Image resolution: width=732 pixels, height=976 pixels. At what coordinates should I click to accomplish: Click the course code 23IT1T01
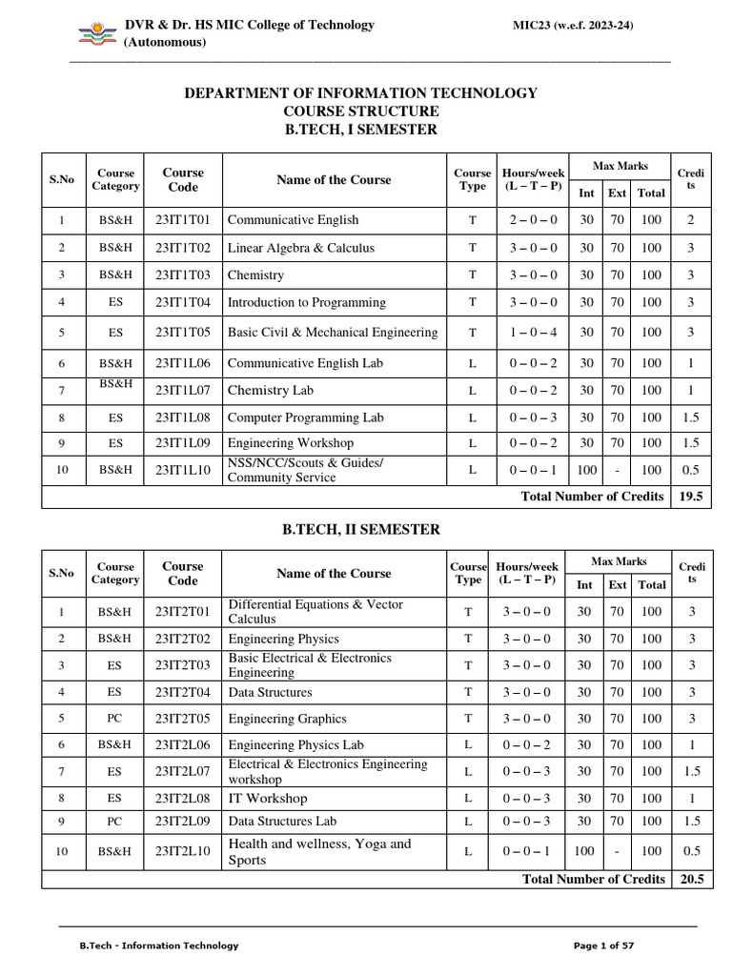click(x=183, y=220)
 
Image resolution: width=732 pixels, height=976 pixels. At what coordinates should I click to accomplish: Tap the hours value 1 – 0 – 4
click(x=534, y=333)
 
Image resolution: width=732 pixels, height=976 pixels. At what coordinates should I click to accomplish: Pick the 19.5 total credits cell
click(x=690, y=497)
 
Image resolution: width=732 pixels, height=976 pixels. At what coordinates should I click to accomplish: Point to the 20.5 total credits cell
click(x=690, y=879)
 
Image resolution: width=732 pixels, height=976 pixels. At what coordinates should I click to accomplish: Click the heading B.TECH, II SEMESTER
click(x=359, y=529)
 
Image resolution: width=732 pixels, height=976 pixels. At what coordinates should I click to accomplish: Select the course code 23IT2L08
click(x=183, y=799)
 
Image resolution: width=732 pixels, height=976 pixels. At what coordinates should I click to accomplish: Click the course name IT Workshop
click(x=268, y=799)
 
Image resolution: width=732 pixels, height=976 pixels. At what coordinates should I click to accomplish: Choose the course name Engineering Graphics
click(x=287, y=719)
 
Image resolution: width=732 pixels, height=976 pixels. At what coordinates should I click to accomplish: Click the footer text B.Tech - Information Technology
click(x=158, y=945)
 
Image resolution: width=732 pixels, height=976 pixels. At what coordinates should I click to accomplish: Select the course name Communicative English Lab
click(x=300, y=363)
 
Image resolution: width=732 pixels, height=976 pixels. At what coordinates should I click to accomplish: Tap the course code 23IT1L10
click(x=183, y=470)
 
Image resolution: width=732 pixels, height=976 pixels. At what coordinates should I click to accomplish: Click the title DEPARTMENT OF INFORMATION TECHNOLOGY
click(x=359, y=93)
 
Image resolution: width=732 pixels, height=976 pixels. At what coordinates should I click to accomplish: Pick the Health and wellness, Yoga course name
click(x=319, y=851)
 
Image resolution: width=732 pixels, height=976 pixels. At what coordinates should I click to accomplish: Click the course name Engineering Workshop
click(x=290, y=443)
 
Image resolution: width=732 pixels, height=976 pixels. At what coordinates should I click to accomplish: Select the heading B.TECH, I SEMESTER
click(x=359, y=130)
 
